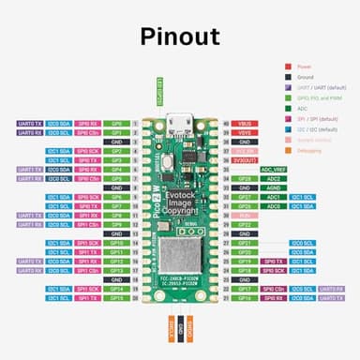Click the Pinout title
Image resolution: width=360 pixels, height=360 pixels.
coord(179,37)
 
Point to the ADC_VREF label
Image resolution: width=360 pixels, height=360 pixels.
coord(272,169)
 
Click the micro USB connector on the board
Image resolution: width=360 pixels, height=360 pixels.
coord(179,122)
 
